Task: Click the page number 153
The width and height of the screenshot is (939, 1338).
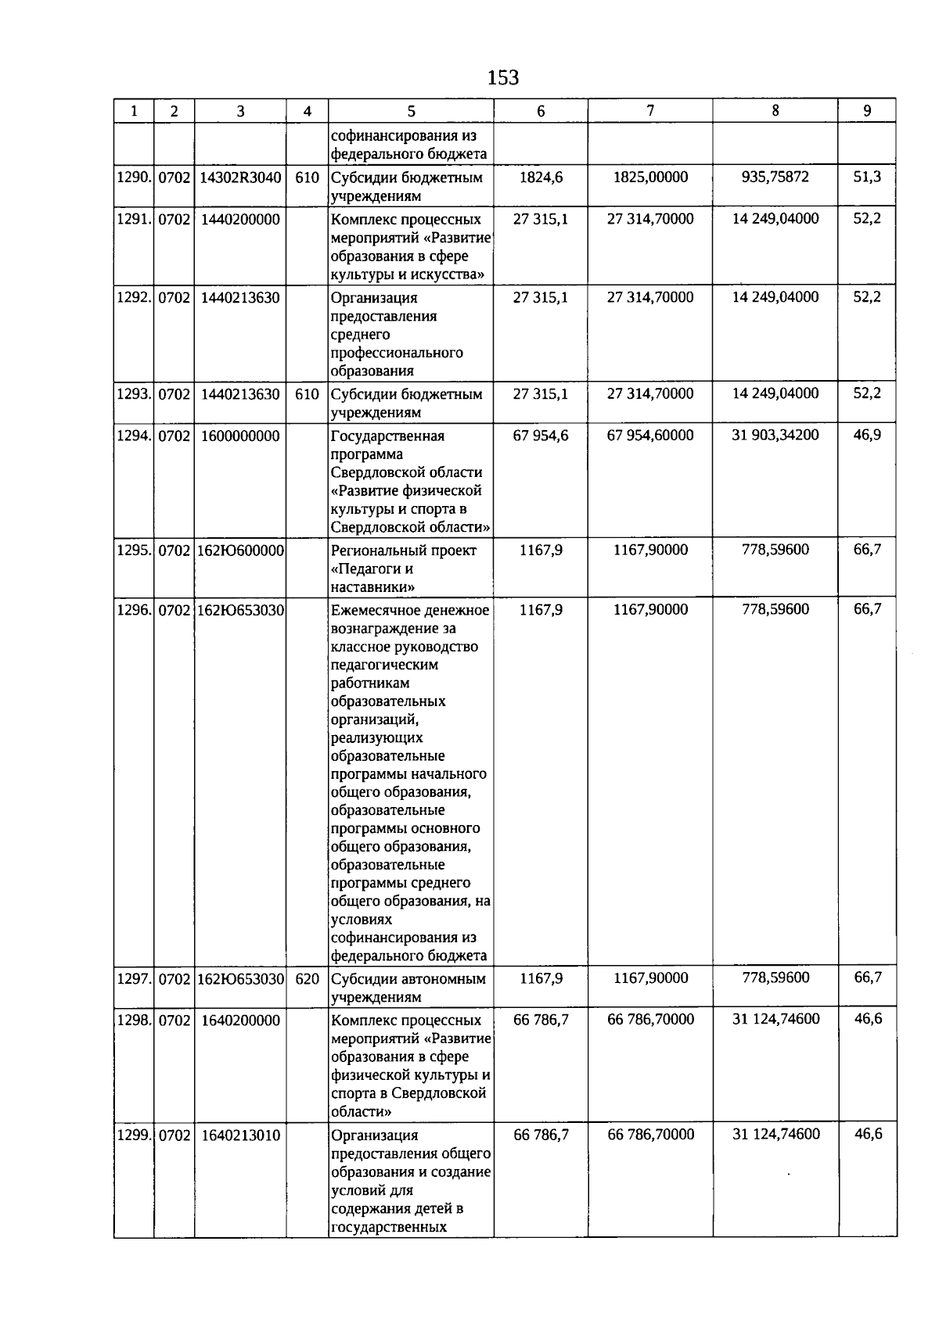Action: (502, 77)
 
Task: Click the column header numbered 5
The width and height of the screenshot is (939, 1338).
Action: (412, 111)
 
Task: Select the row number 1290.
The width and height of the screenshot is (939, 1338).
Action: (134, 178)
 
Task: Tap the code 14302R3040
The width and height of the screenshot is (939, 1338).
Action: (240, 178)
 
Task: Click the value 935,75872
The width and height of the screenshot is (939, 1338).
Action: (775, 177)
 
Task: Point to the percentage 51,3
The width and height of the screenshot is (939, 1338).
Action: (867, 177)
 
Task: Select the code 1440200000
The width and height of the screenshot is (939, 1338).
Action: (240, 219)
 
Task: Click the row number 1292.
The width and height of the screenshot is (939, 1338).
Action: (134, 297)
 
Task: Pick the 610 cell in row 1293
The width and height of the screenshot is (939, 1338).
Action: (308, 394)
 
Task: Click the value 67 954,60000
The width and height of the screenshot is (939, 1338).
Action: (650, 435)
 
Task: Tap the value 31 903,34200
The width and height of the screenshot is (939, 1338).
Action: (775, 435)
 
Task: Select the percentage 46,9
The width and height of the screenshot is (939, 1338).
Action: (867, 435)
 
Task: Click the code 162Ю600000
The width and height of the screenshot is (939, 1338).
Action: (240, 551)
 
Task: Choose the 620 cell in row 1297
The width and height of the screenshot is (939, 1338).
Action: (308, 978)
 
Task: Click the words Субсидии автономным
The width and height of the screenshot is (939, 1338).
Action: (408, 978)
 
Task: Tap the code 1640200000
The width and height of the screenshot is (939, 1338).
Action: (240, 1021)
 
